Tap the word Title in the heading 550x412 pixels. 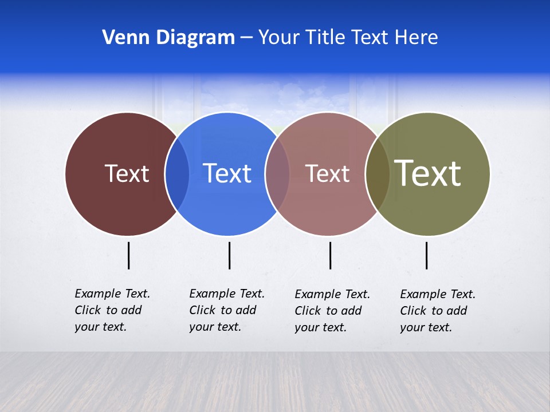pyautogui.click(x=328, y=37)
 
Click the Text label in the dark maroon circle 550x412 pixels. pyautogui.click(x=127, y=173)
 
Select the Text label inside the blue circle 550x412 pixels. pyautogui.click(x=227, y=173)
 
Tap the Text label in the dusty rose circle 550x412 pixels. pyautogui.click(x=327, y=173)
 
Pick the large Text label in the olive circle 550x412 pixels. pyautogui.click(x=428, y=173)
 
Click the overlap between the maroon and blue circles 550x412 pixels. pyautogui.click(x=177, y=174)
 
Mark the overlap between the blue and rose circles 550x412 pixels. pyautogui.click(x=277, y=174)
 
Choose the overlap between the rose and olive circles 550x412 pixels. pyautogui.click(x=378, y=174)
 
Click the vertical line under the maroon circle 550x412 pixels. pyautogui.click(x=128, y=255)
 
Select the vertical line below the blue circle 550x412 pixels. pyautogui.click(x=229, y=255)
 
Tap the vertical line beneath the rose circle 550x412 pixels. pyautogui.click(x=330, y=255)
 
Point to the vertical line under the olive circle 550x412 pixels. pyautogui.click(x=426, y=255)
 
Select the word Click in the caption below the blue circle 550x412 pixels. pyautogui.click(x=202, y=310)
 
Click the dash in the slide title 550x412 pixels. pyautogui.click(x=246, y=38)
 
